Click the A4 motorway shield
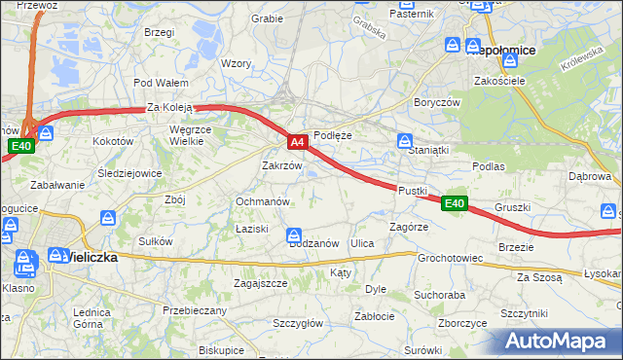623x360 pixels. click(299, 142)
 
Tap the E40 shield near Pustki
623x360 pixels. click(454, 203)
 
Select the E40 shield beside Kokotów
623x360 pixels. click(21, 146)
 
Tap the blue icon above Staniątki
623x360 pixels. click(404, 142)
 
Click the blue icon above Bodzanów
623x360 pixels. click(294, 234)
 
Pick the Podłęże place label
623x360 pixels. click(332, 136)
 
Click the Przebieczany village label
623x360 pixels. click(195, 310)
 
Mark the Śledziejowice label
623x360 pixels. click(129, 174)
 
